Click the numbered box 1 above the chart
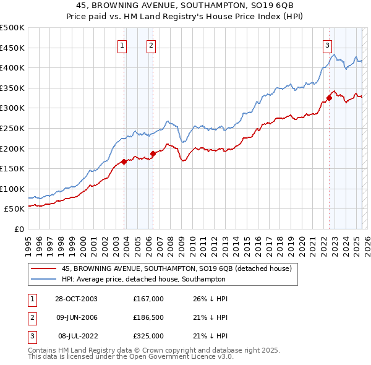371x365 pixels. click(x=122, y=45)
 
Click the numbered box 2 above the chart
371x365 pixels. click(x=151, y=45)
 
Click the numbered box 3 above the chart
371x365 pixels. click(x=326, y=45)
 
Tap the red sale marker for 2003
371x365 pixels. click(x=124, y=162)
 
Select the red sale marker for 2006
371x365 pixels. click(x=153, y=154)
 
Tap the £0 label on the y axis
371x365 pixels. click(x=19, y=229)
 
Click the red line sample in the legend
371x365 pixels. click(x=43, y=268)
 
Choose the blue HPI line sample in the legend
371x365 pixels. click(x=43, y=279)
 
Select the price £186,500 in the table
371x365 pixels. click(x=148, y=318)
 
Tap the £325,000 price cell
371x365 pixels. click(x=148, y=337)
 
